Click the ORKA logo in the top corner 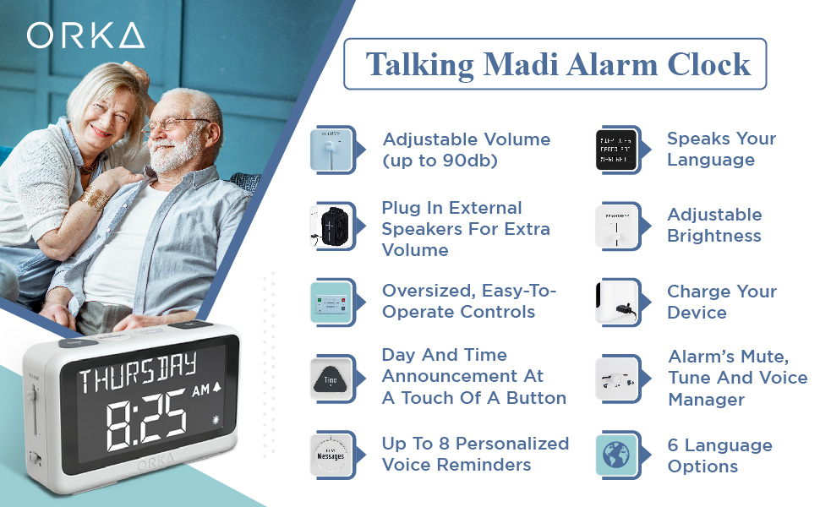(85, 35)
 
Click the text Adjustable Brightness (714, 226)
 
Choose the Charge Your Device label (721, 302)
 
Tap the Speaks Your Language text (721, 150)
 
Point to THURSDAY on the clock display (138, 370)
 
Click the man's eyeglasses (178, 125)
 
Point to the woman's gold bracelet (95, 199)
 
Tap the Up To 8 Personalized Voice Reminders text (475, 454)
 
